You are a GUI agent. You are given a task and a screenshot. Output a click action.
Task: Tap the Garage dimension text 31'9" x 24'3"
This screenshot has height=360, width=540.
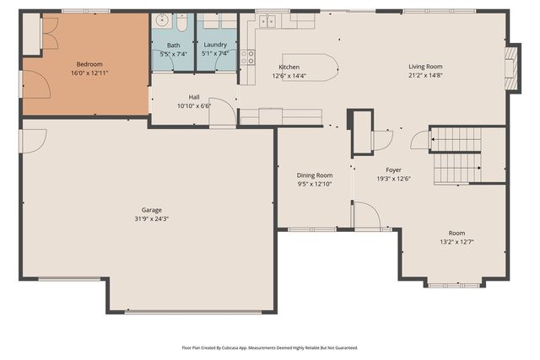(x=152, y=218)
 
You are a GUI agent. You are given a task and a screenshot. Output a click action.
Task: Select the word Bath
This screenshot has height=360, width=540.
(x=173, y=46)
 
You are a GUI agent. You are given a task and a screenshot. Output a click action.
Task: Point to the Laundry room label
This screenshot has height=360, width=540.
(x=215, y=46)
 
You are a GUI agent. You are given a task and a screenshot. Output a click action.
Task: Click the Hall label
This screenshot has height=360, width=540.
(x=193, y=98)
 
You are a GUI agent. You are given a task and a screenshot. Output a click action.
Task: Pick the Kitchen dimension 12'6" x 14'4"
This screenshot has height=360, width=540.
(x=289, y=76)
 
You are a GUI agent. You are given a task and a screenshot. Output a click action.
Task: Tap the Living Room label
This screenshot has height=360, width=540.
(x=425, y=67)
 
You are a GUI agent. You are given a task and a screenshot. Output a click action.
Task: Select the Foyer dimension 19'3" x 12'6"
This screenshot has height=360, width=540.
(x=394, y=179)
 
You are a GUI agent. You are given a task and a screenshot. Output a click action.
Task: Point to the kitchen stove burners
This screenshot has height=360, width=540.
(x=248, y=56)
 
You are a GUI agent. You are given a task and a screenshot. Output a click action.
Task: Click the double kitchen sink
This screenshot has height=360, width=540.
(x=269, y=20)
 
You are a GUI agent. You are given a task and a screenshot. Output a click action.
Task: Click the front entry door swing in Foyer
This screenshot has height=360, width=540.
(x=365, y=216)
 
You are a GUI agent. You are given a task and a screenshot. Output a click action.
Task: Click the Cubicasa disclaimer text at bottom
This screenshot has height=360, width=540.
(x=269, y=347)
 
